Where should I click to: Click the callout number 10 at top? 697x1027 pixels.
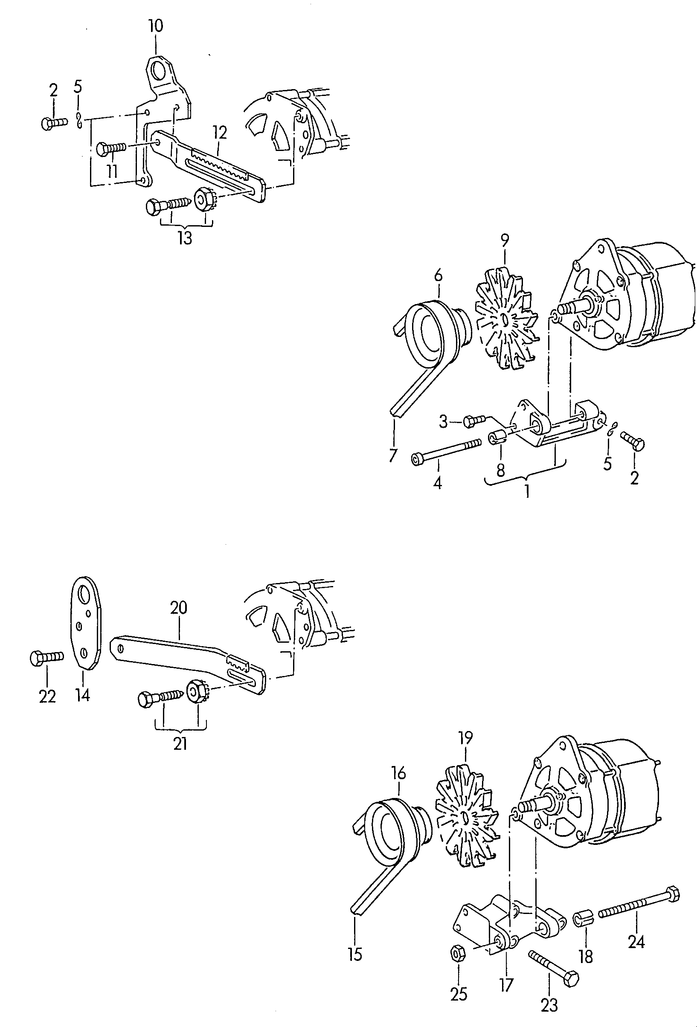[x=156, y=26]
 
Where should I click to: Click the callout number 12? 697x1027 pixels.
[x=219, y=132]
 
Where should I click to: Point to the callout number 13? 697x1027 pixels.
[x=185, y=238]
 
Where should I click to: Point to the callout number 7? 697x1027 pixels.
[x=392, y=455]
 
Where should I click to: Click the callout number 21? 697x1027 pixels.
[x=180, y=744]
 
